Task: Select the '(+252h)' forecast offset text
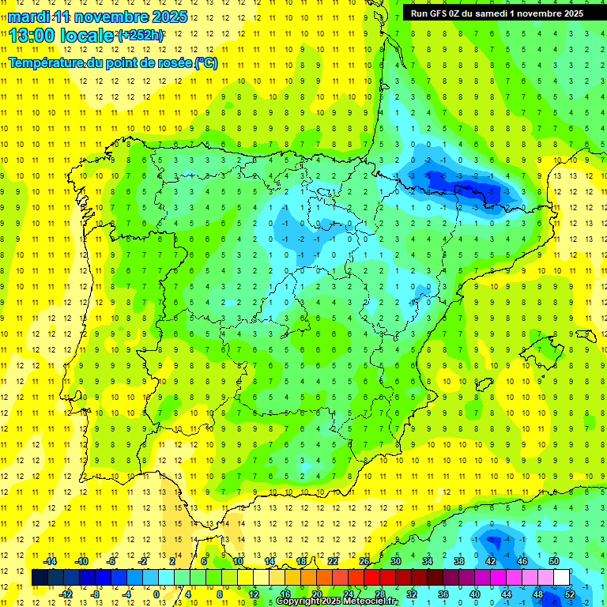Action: pos(141,36)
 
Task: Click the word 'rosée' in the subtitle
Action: pos(172,63)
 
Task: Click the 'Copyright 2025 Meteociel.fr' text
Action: pos(336,601)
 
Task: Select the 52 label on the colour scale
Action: pos(571,594)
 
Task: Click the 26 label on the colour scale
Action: pos(364,561)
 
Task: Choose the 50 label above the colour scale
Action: pos(553,561)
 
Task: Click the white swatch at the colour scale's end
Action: pos(561,577)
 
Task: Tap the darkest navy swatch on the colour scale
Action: pos(40,577)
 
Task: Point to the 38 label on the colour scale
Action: pos(459,561)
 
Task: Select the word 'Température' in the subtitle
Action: pos(43,63)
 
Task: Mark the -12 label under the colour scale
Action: pos(66,594)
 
